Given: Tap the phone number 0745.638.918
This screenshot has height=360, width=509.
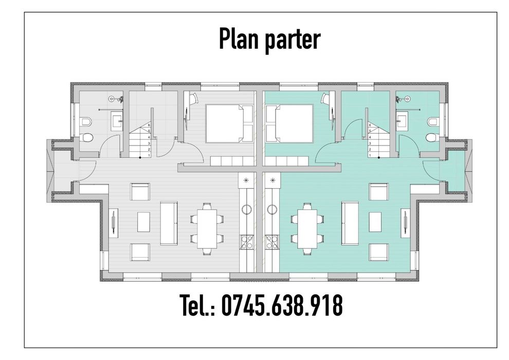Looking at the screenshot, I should point(282,306).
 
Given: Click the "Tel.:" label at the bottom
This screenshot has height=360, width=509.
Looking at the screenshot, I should point(197,306).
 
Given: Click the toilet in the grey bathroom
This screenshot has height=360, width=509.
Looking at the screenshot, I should point(88,138).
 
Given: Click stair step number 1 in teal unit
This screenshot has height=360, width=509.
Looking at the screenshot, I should point(369,155).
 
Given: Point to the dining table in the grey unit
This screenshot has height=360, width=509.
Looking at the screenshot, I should point(207,228).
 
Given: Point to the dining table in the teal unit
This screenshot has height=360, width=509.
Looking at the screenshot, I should point(307,228).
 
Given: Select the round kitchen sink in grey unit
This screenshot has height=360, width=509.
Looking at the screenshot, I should point(246,209).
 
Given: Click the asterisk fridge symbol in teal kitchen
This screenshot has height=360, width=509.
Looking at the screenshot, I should point(272,179).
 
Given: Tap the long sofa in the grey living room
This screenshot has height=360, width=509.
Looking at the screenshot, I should point(169,223).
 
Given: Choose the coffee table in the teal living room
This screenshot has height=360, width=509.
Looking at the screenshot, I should point(375,223).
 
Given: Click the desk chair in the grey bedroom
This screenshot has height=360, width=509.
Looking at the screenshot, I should point(193,99).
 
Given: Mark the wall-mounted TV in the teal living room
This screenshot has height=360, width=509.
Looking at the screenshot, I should point(405,222).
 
